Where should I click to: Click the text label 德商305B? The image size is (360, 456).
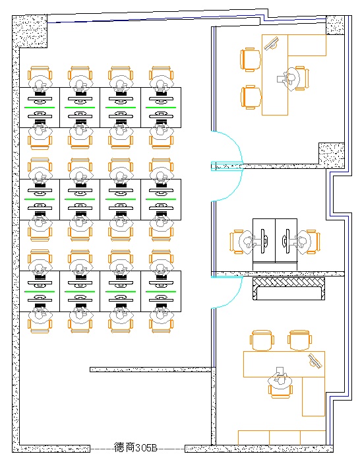pos(135,447)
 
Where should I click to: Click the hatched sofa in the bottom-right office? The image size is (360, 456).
pos(289,288)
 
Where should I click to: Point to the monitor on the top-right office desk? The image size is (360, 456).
pos(272,44)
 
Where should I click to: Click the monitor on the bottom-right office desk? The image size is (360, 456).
pos(315,360)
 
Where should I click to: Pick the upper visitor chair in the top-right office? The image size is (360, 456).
pos(251,59)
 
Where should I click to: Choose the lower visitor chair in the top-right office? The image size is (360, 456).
pos(251,97)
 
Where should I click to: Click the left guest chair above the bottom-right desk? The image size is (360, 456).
pos(262,340)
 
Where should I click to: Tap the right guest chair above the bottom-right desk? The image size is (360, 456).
pos(299,340)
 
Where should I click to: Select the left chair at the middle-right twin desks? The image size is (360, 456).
pos(237,242)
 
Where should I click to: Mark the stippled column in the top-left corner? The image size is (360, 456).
pos(30,32)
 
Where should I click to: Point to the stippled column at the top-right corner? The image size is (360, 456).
pos(335,25)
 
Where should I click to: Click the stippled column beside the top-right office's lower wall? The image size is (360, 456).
pos(332,155)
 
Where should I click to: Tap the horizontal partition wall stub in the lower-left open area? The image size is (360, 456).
pos(150,370)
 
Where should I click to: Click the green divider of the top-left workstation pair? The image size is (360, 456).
pos(40,108)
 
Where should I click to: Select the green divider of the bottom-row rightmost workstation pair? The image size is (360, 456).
pos(161,292)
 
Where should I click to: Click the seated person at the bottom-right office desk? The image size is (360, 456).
pos(280,379)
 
